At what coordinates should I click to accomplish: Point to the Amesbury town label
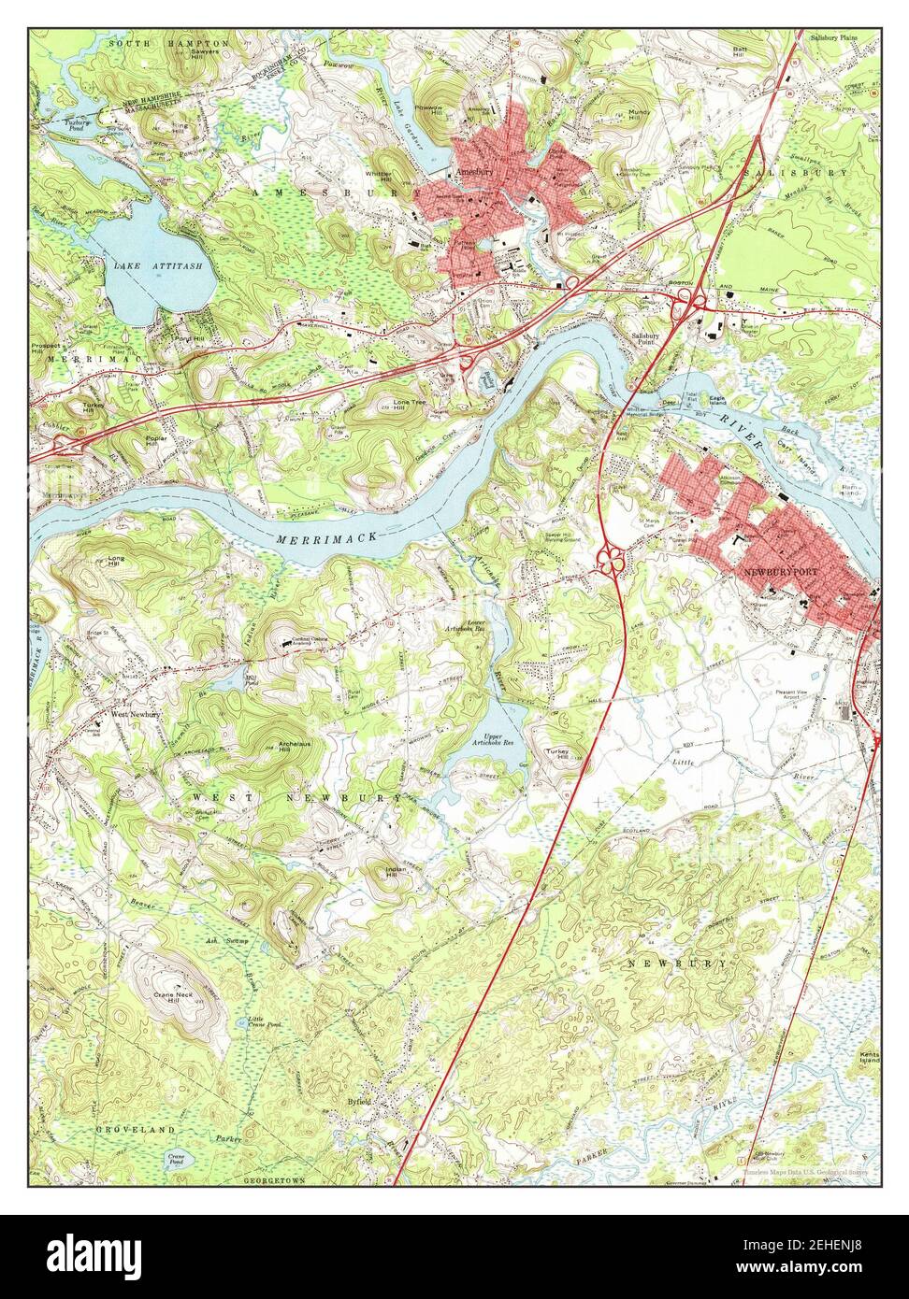pos(471,172)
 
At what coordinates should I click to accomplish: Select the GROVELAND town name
pos(136,1129)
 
